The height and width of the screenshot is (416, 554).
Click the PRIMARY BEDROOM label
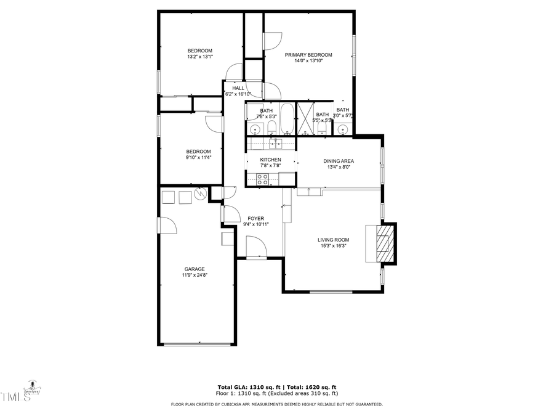click(x=308, y=54)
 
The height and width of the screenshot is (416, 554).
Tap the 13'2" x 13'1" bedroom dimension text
click(x=199, y=57)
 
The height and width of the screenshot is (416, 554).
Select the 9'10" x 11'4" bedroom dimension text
click(x=199, y=157)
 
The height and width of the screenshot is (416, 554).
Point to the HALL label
click(x=238, y=88)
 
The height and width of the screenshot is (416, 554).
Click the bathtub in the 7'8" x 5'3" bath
click(x=287, y=120)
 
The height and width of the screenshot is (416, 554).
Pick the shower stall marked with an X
click(x=305, y=118)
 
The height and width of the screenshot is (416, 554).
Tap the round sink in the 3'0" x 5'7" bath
click(x=342, y=129)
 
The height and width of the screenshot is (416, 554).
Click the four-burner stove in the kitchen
click(x=262, y=179)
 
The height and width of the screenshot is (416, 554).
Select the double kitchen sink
click(x=275, y=144)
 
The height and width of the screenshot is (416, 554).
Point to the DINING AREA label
click(x=339, y=161)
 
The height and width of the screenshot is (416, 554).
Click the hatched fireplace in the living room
click(x=383, y=243)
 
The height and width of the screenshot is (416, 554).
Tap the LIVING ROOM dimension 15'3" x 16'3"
click(x=334, y=246)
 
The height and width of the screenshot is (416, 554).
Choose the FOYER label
click(x=255, y=218)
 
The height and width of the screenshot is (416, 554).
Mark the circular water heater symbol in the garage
click(x=201, y=195)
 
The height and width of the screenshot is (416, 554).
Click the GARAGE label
click(x=195, y=269)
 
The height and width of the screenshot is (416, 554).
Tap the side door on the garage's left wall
click(x=166, y=226)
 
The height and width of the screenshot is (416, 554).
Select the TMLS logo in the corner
click(x=16, y=397)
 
